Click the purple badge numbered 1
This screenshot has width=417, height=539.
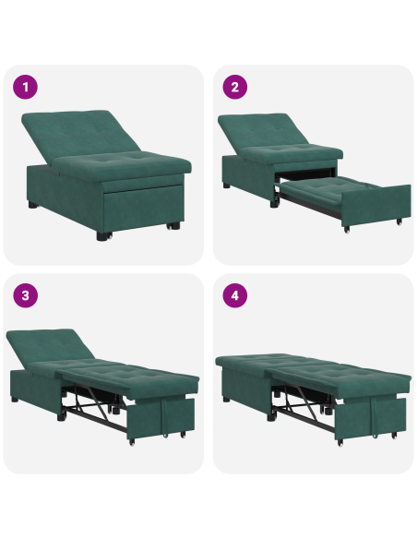point(26,88)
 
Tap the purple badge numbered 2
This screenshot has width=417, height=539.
point(235,88)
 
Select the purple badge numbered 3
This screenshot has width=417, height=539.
point(26,296)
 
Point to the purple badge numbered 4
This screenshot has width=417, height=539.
point(235,296)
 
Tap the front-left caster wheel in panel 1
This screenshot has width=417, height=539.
point(101,235)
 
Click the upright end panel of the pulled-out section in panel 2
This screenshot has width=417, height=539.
point(385,208)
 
